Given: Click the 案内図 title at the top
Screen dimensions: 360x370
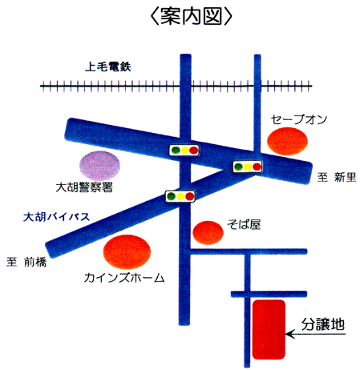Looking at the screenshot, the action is (191, 16).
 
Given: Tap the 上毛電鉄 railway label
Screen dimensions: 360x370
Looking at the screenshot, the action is (108, 66).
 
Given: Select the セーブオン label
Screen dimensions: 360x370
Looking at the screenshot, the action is (299, 119).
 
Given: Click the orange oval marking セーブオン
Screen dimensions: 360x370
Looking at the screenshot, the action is (288, 141).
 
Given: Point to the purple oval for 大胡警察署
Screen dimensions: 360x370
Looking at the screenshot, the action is (99, 166).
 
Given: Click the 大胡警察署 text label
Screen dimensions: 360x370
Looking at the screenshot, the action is (84, 187).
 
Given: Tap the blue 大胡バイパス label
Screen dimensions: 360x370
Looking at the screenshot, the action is (56, 217).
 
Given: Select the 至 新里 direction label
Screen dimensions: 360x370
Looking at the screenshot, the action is (337, 177).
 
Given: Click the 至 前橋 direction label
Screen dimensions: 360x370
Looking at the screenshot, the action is (26, 262).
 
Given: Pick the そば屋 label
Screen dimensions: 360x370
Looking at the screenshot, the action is (244, 224).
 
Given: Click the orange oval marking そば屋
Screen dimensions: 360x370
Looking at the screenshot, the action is (208, 232).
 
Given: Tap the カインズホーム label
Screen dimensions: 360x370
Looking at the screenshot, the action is (124, 278).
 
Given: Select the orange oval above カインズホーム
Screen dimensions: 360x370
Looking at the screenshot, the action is (127, 252).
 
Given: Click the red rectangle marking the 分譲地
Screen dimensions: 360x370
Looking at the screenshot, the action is (269, 329).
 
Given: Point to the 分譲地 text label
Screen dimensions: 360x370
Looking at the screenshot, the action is (323, 324).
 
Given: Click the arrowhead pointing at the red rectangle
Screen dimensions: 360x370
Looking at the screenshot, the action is (289, 334).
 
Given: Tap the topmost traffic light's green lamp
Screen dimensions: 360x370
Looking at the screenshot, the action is (176, 151).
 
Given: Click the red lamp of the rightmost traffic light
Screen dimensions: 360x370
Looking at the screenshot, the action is (257, 167).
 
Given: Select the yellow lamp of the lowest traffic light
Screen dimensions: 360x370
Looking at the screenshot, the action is (180, 196).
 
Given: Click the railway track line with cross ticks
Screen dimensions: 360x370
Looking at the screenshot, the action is (176, 86).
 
